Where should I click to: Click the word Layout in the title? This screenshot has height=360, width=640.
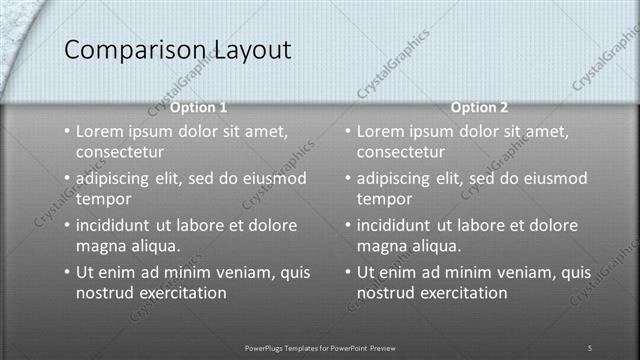250,49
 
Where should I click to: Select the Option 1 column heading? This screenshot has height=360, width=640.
198,106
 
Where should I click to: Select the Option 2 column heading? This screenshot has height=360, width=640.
479,106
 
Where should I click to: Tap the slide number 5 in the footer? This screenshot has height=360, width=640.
590,347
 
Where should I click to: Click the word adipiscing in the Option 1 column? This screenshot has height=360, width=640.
118,178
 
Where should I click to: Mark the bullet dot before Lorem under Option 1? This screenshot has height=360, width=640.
67,131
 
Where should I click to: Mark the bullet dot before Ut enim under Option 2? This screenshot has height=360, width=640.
348,272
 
